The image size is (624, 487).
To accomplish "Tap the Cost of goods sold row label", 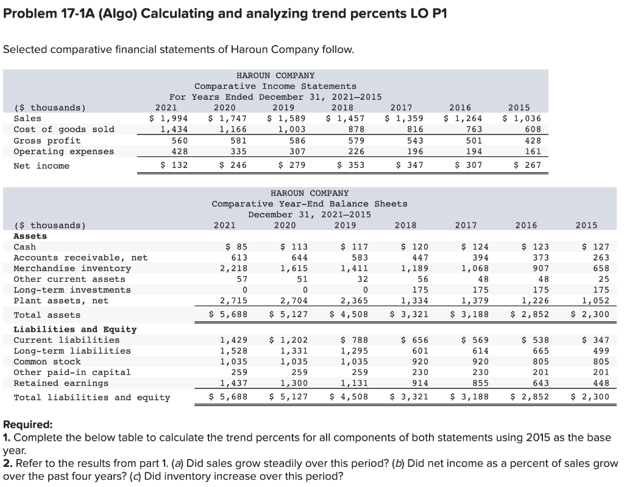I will click(64, 129).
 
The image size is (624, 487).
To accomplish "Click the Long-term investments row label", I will click(72, 290).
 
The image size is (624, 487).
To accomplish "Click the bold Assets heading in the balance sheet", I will click(30, 236).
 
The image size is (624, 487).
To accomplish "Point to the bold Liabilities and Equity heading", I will click(75, 329).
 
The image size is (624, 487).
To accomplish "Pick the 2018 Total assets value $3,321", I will click(409, 315).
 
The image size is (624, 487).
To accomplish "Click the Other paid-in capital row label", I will click(72, 373).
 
